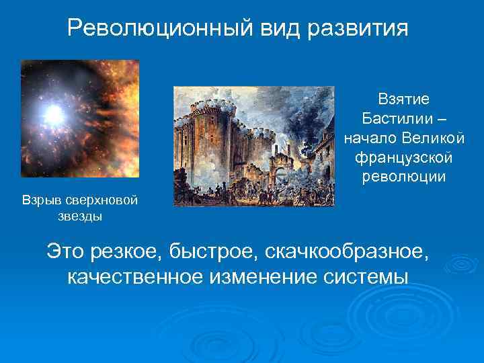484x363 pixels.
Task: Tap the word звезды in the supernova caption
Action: [80, 217]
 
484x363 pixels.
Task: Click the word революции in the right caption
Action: [403, 177]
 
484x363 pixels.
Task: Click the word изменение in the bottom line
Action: [259, 276]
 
